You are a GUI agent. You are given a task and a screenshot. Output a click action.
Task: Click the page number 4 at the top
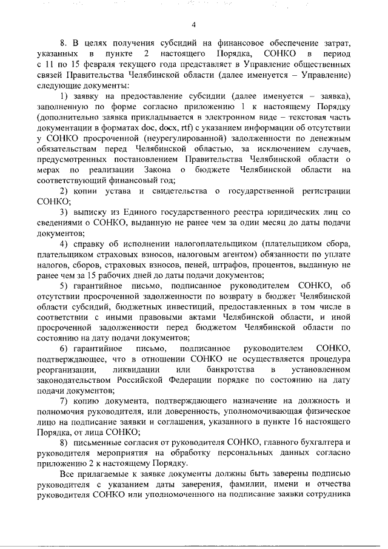tap(194, 25)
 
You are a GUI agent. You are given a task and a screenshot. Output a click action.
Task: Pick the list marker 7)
tap(64, 401)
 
